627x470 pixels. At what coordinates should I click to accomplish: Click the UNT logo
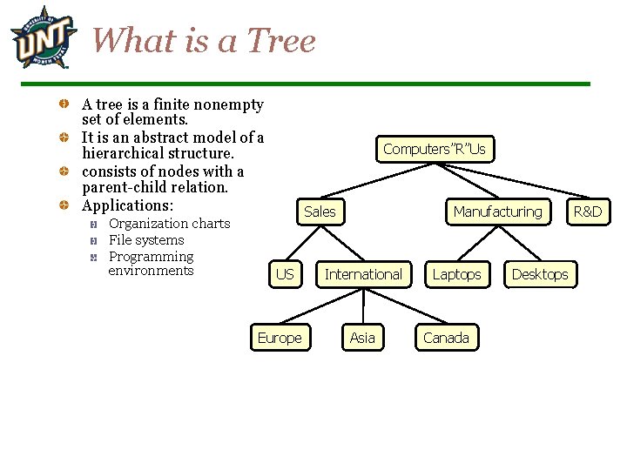point(40,37)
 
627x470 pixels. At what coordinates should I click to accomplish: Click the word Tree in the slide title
point(281,40)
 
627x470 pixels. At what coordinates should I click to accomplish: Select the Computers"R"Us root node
point(434,149)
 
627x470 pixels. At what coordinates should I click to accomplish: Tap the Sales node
point(320,211)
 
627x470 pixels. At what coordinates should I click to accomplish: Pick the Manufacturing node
point(497,211)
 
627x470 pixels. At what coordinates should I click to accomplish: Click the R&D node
point(587,211)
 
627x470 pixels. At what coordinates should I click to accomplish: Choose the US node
point(285,274)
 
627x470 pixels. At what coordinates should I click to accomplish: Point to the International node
point(363,274)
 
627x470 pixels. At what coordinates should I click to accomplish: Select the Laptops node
point(456,274)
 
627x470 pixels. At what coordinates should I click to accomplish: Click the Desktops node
point(539,274)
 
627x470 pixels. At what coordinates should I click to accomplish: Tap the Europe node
point(280,338)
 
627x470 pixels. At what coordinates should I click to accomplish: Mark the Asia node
point(362,338)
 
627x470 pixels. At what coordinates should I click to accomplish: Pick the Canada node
point(446,338)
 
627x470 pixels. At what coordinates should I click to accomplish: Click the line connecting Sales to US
point(302,243)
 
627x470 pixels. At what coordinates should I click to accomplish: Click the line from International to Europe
point(321,306)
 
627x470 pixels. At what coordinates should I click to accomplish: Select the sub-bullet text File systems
point(146,240)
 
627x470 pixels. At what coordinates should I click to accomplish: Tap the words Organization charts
point(169,224)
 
